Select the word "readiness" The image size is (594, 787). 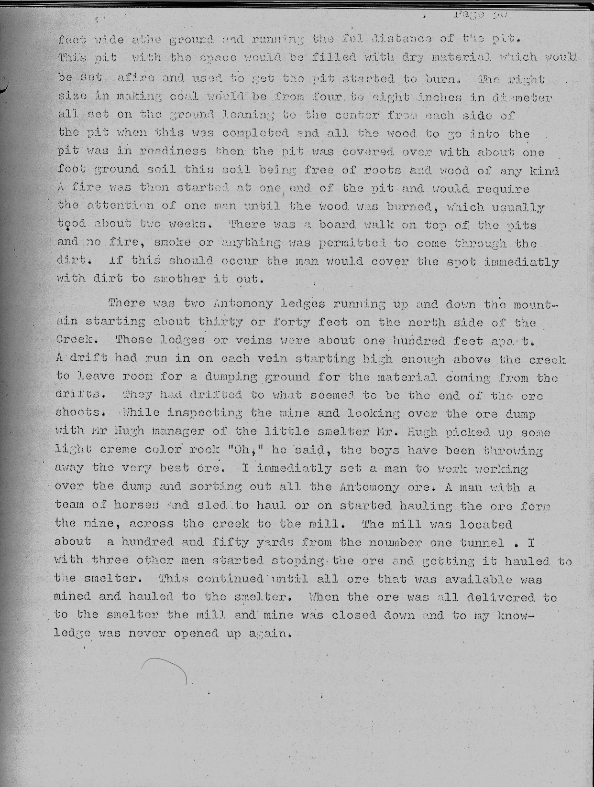(173, 151)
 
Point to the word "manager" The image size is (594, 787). (178, 431)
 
